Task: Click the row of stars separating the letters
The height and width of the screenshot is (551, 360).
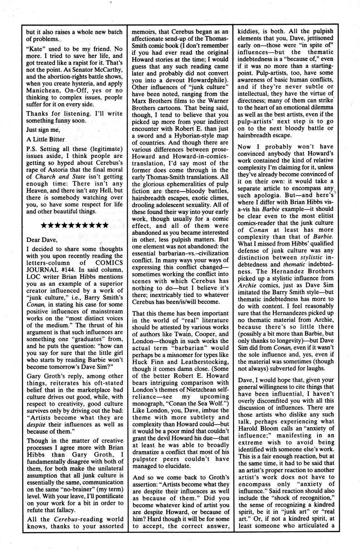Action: click(x=74, y=225)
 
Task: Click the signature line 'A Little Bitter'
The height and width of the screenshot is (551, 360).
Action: click(x=45, y=139)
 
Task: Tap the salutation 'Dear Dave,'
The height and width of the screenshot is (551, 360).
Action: click(x=41, y=240)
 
